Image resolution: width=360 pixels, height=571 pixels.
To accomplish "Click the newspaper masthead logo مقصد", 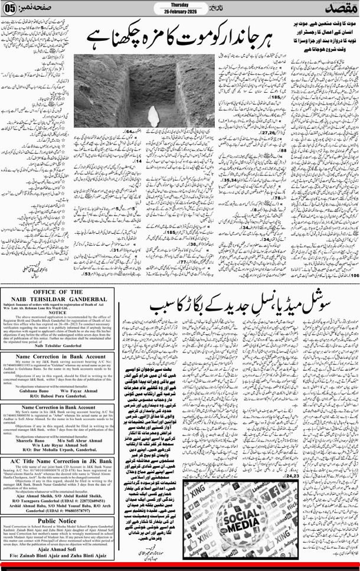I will point(341,10).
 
